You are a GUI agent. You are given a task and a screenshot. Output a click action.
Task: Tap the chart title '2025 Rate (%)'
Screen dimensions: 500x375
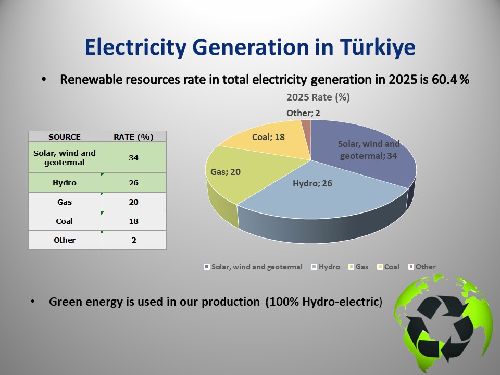click(318, 97)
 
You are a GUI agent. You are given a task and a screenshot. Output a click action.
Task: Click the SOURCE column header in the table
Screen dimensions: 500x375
click(65, 137)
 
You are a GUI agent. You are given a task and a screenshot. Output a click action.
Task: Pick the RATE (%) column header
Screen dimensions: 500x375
click(133, 137)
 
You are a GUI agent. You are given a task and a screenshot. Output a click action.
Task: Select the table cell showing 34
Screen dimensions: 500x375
click(133, 157)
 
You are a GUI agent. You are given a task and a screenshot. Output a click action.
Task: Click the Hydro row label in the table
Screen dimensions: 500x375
click(65, 183)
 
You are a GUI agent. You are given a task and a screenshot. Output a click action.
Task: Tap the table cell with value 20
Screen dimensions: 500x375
click(133, 202)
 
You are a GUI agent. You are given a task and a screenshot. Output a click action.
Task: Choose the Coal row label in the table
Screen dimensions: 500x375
click(65, 221)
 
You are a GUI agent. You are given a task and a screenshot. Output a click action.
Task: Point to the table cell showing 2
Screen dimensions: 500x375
click(134, 240)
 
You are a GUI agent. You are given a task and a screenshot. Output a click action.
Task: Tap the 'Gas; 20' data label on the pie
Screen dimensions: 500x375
click(226, 172)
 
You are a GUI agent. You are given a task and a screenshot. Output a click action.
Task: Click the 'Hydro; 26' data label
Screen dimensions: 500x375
click(312, 183)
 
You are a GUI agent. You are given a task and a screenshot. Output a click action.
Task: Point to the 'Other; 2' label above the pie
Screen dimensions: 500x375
click(303, 113)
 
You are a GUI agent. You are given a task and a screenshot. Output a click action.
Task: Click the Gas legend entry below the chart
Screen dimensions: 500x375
click(358, 267)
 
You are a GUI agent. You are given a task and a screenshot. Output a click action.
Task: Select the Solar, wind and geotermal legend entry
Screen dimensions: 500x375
click(253, 267)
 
